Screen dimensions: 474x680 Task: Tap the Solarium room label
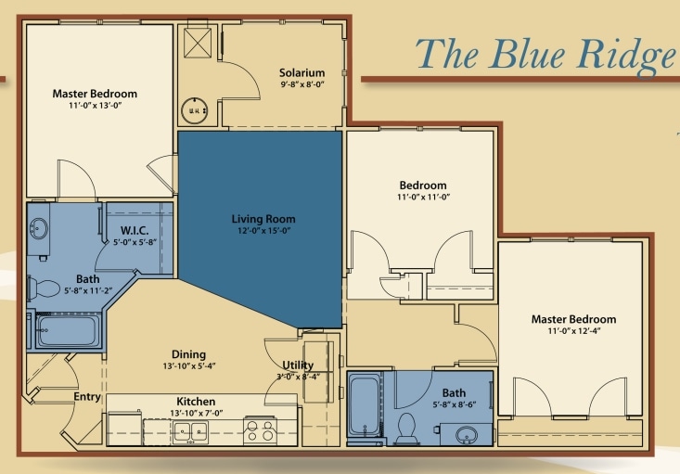coord(302,72)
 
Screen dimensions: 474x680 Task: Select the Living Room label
coord(263,219)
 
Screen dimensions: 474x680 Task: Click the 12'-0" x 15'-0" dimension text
coord(263,231)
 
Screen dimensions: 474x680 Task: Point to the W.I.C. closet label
coord(135,231)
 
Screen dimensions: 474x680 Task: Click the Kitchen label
coord(196,401)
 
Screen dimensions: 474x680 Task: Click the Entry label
coord(87,397)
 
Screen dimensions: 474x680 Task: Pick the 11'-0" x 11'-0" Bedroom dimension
coord(423,197)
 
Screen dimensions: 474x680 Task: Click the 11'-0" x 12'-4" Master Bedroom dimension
coord(573,331)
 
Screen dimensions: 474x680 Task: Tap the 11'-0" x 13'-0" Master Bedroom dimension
coord(95,106)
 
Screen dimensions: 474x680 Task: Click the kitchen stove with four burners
coord(259,430)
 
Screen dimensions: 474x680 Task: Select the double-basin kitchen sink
coord(190,430)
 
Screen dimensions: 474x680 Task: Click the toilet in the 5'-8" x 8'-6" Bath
coord(405,429)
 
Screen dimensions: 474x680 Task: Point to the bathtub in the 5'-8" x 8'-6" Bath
coord(364,404)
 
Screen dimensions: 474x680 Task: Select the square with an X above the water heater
coord(197,42)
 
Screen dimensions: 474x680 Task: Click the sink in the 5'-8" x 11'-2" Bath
coord(39,228)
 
